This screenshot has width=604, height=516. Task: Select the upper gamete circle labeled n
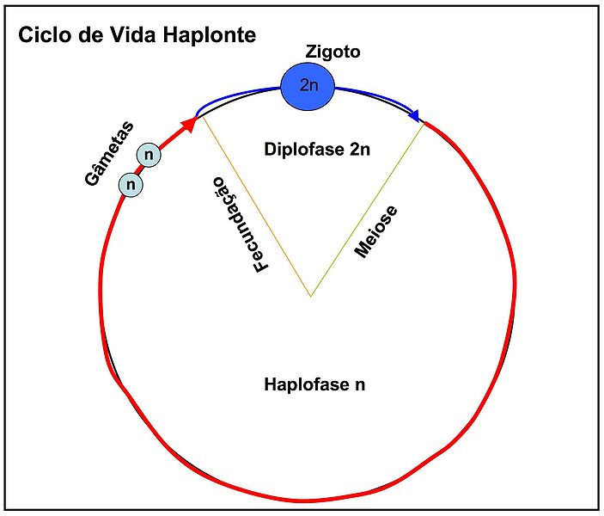tap(149, 155)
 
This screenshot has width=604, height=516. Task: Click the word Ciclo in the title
tap(44, 36)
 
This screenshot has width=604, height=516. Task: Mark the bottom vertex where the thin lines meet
tap(311, 297)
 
